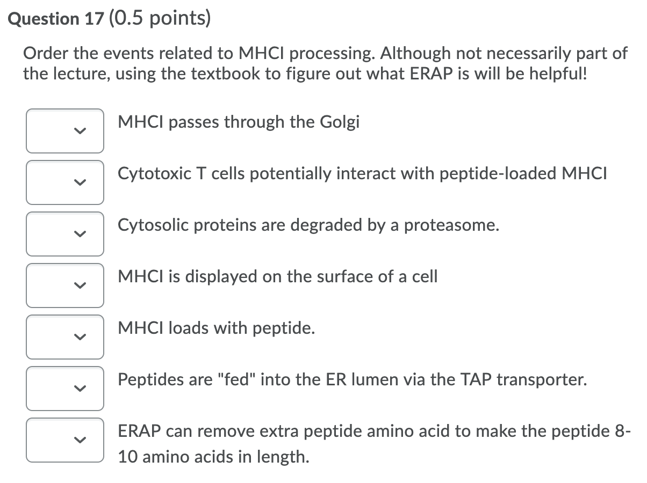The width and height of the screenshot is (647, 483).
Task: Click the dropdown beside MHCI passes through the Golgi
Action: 64,131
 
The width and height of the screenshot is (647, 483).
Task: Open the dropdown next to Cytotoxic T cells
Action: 64,182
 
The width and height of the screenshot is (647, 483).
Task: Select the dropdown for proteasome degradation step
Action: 64,234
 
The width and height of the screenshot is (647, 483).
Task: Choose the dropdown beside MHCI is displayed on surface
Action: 64,285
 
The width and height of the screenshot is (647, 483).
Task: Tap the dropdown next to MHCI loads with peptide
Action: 64,337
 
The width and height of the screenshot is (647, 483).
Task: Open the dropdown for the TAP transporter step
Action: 64,388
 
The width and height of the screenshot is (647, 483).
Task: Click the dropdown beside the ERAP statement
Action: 64,440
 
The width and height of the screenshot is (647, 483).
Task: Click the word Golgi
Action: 340,123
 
